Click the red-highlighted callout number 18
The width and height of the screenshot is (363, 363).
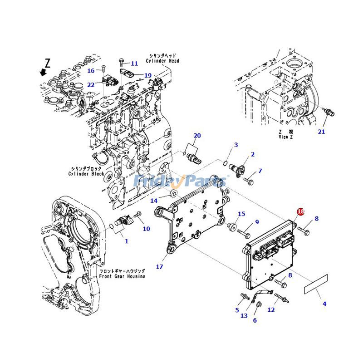(x=300, y=212)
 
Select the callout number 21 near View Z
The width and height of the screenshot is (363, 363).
(x=321, y=132)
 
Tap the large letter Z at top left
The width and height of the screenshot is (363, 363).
(x=47, y=62)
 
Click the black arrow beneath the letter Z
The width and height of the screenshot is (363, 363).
(x=43, y=72)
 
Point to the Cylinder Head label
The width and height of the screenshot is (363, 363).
(x=162, y=58)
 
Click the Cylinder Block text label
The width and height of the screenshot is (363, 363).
(x=86, y=171)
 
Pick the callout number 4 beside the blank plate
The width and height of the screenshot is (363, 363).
(x=324, y=304)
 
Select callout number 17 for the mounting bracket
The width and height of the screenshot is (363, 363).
(x=159, y=267)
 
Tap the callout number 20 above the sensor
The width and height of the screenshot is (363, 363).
(x=197, y=135)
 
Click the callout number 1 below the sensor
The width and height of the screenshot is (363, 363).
(x=127, y=241)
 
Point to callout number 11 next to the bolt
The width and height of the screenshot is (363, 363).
(x=134, y=64)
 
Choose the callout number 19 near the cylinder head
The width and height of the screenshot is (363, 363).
(x=148, y=75)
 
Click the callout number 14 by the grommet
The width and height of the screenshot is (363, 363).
(x=154, y=201)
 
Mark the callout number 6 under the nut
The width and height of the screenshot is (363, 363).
(x=255, y=320)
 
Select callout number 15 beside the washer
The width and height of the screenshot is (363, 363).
(x=241, y=214)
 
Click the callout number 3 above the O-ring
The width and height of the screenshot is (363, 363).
(x=236, y=145)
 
